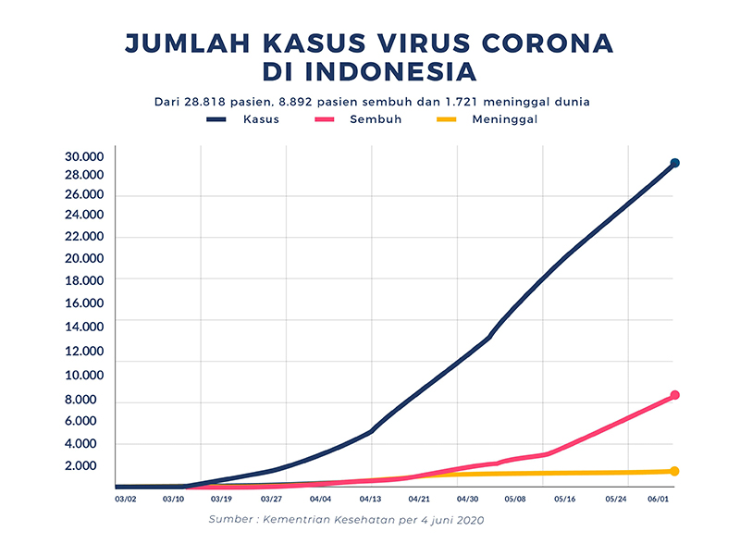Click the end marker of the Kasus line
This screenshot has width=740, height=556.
point(675,163)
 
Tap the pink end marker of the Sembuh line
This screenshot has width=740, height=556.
point(675,395)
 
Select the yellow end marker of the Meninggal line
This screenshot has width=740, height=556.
point(674,471)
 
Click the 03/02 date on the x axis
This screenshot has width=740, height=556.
point(126,500)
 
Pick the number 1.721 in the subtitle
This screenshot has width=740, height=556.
point(462,101)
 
